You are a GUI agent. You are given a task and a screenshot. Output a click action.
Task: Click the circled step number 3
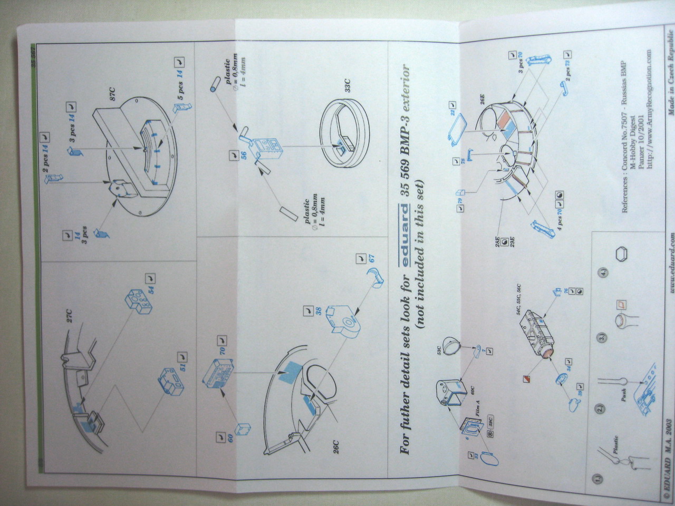pos(602,337)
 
